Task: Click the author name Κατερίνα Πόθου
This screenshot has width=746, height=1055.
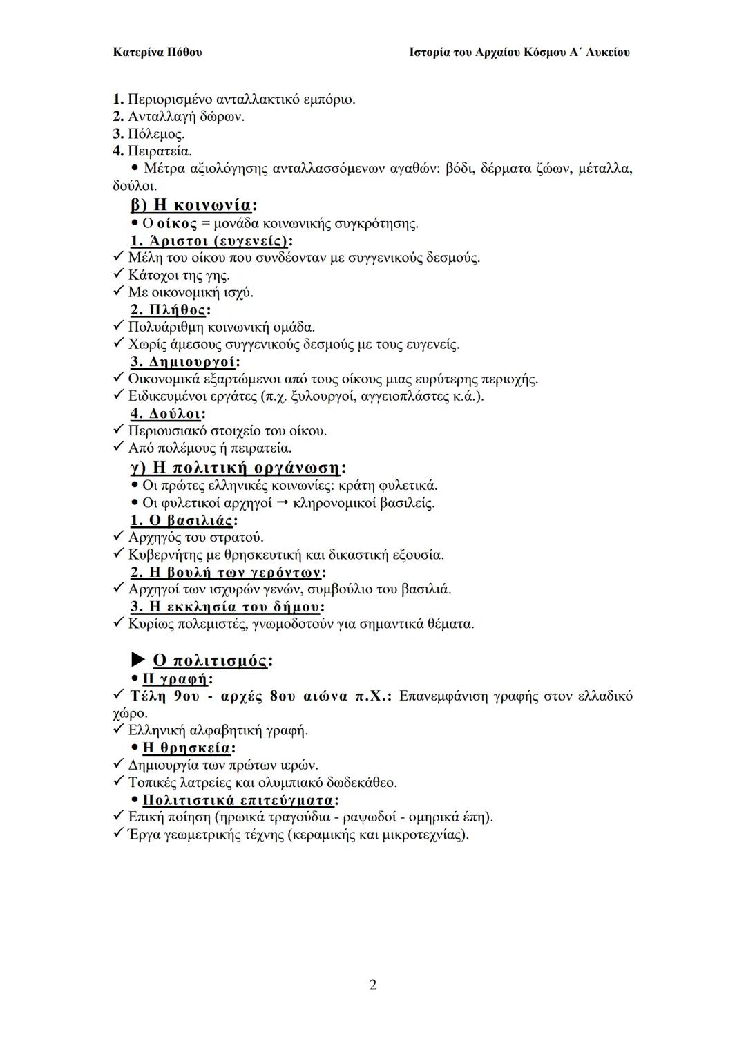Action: tap(157, 53)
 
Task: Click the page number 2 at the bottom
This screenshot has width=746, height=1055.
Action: tap(373, 985)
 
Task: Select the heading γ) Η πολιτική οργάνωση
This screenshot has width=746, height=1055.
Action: tap(238, 468)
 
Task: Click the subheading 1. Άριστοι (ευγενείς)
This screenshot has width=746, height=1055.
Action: tap(211, 240)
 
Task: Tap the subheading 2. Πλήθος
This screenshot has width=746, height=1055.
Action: tap(171, 310)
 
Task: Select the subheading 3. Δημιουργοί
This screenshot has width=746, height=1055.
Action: tap(185, 361)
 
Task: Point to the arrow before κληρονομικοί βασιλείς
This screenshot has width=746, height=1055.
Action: tap(283, 503)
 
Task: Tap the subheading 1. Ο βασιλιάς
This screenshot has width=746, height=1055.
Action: tap(184, 520)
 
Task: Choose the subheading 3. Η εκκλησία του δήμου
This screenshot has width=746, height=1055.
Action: tap(227, 607)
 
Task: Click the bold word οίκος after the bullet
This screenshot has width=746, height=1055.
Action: tap(177, 223)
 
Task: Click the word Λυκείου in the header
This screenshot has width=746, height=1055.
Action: tap(607, 53)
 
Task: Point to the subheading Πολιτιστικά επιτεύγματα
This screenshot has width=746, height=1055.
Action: tap(240, 800)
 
